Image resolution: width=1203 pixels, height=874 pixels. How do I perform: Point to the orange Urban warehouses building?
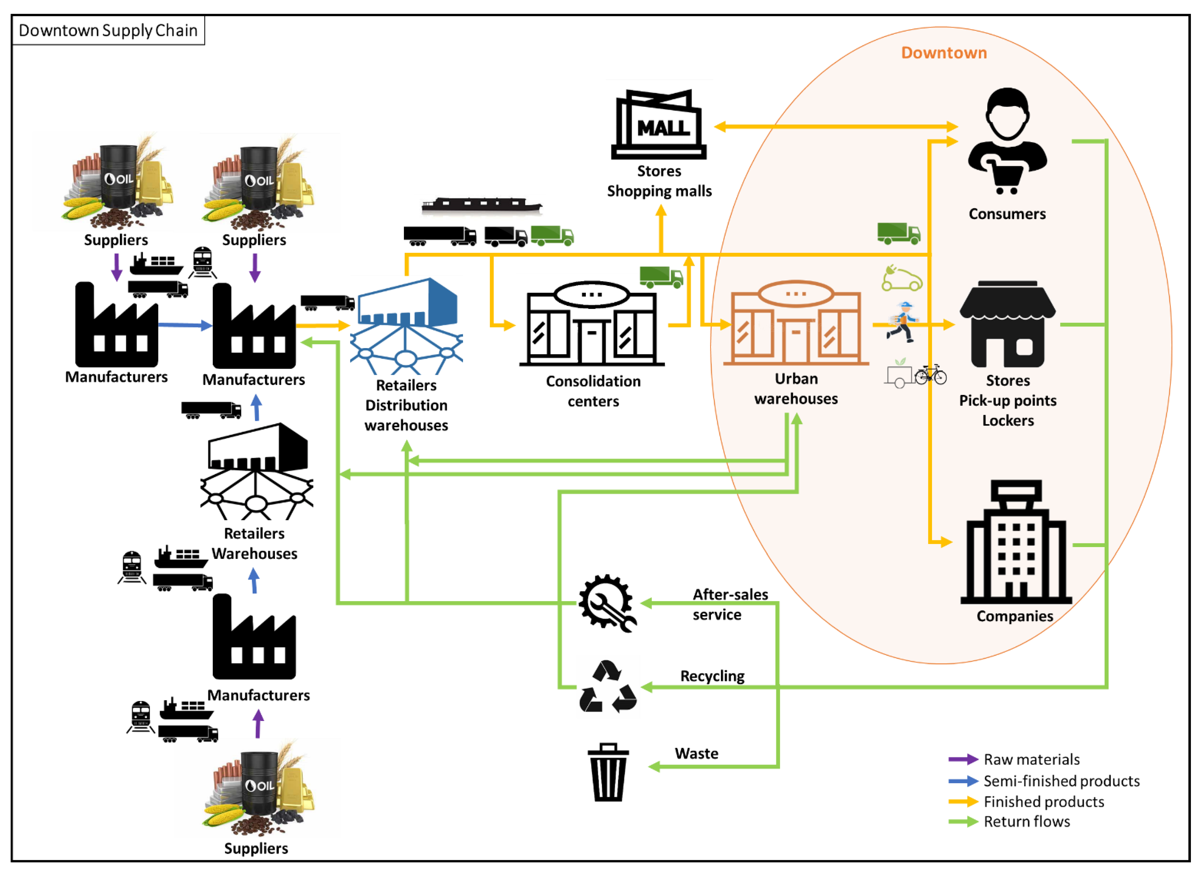796,324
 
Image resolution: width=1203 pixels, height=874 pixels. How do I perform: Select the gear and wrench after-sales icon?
607,603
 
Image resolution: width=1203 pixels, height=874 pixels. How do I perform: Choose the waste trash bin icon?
608,772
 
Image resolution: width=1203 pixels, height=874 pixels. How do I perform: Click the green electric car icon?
902,278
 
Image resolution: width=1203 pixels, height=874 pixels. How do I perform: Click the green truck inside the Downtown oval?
898,233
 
